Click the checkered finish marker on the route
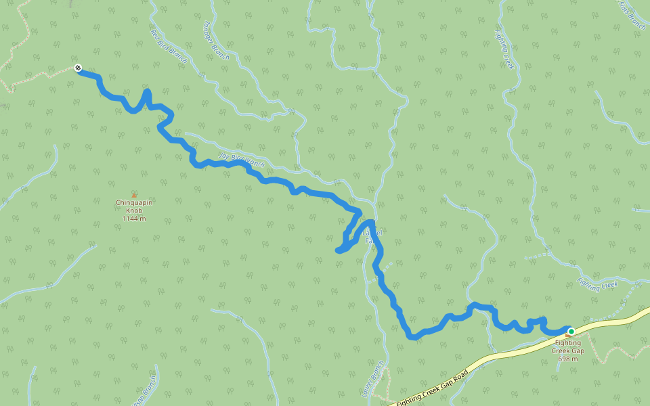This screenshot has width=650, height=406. tap(79, 68)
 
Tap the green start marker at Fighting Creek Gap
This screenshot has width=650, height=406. tap(571, 331)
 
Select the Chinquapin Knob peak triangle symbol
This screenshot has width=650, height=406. tap(134, 196)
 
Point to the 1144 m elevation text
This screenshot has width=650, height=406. tap(134, 219)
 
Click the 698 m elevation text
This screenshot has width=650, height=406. tap(567, 359)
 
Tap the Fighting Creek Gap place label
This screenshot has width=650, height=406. tap(567, 346)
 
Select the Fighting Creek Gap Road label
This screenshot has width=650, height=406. tap(432, 388)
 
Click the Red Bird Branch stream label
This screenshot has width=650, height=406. tap(169, 43)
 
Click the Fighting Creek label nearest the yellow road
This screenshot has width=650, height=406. tap(598, 285)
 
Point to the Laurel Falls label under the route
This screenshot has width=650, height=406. tap(373, 236)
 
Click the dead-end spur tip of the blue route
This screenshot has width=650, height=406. tap(338, 251)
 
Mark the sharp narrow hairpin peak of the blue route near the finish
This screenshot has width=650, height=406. tap(147, 91)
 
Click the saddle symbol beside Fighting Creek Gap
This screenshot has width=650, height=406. tap(567, 336)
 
